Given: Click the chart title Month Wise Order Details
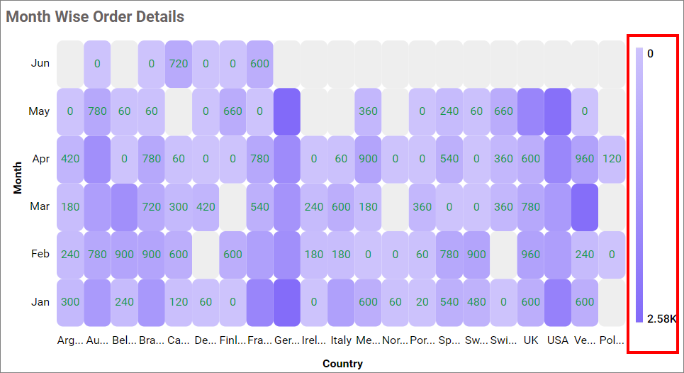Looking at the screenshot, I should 95,16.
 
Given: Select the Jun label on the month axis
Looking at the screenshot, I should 40,63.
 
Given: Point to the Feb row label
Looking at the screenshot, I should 40,254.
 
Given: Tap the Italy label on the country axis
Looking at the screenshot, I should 341,340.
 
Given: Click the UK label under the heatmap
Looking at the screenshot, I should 530,340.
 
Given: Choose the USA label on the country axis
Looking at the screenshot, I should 558,340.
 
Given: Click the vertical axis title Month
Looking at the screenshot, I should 18,178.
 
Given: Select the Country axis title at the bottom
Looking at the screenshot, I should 342,364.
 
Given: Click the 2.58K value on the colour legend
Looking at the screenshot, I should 662,318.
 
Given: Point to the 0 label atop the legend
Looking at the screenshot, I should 650,53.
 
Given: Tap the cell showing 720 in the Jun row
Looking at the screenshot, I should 178,63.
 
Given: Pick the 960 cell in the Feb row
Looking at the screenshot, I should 530,254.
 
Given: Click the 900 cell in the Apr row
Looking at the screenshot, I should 368,159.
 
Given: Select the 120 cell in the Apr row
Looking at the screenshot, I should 612,159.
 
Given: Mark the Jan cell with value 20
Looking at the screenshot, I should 422,302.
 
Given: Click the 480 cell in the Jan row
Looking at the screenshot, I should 476,302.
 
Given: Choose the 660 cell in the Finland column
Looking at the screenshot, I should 232,111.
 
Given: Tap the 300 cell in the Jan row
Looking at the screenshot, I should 70,302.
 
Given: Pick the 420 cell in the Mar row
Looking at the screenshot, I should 206,207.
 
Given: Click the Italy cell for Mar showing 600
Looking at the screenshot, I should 341,207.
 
